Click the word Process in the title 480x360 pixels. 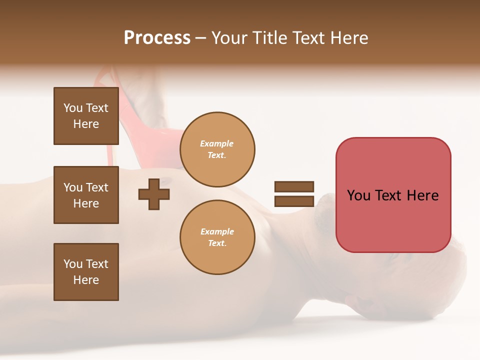[x=157, y=38]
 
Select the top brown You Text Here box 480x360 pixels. [x=86, y=116]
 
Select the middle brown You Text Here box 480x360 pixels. [x=86, y=195]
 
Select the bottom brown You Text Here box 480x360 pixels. [x=86, y=272]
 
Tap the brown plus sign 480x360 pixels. [x=154, y=194]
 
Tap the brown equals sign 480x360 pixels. [x=294, y=194]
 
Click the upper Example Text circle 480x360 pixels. [x=217, y=149]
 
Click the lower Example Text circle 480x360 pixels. [x=217, y=237]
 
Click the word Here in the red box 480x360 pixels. [x=422, y=195]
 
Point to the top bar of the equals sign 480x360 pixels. [x=294, y=187]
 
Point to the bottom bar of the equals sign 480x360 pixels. [x=294, y=201]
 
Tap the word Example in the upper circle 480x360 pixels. [x=216, y=143]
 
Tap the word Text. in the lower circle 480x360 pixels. [x=217, y=243]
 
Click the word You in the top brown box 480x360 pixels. [x=73, y=108]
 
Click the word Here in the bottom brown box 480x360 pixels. [x=86, y=280]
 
